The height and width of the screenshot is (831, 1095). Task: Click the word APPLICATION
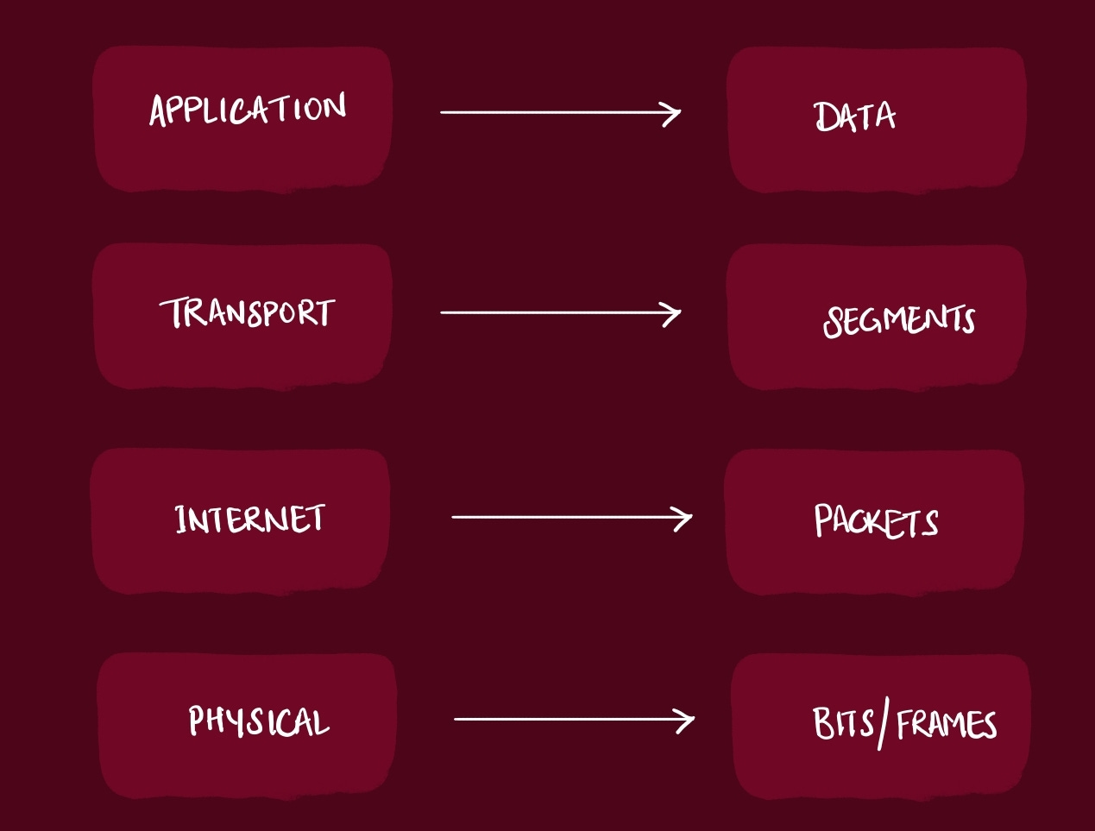248,110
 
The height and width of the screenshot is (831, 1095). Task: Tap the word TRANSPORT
247,312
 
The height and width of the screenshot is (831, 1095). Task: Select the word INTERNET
249,519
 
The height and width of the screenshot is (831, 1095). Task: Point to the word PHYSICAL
259,721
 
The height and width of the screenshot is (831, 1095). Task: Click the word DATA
854,116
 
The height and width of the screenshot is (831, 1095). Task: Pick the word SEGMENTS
899,320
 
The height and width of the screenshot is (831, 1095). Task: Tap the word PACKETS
876,521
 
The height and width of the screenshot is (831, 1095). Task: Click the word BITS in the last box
843,723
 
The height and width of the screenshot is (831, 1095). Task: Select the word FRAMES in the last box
947,724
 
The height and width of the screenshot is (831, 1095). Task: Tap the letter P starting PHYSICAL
197,720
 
